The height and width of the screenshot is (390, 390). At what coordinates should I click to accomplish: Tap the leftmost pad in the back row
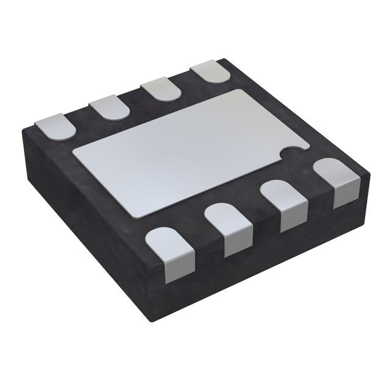(55, 127)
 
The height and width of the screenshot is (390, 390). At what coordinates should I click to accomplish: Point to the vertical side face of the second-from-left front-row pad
(238, 243)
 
